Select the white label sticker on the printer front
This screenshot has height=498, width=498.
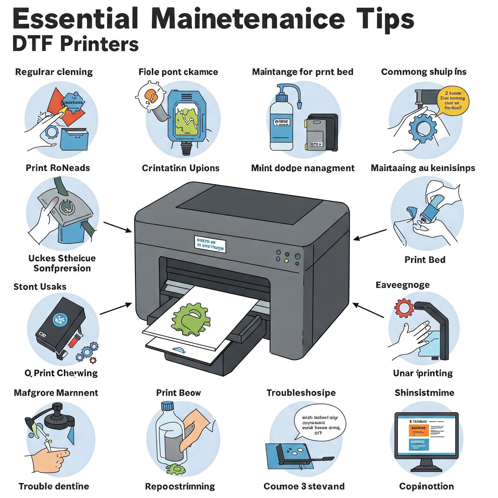click(x=210, y=244)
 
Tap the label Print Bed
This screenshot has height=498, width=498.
click(x=425, y=260)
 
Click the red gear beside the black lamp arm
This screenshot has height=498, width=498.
click(x=404, y=308)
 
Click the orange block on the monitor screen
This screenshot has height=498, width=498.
click(x=418, y=430)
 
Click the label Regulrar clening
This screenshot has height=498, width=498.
click(x=54, y=72)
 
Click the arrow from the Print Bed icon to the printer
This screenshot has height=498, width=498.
click(x=370, y=234)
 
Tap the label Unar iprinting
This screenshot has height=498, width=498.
click(x=423, y=373)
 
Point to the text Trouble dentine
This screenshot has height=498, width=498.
click(x=54, y=486)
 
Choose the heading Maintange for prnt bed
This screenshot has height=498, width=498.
click(x=302, y=72)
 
